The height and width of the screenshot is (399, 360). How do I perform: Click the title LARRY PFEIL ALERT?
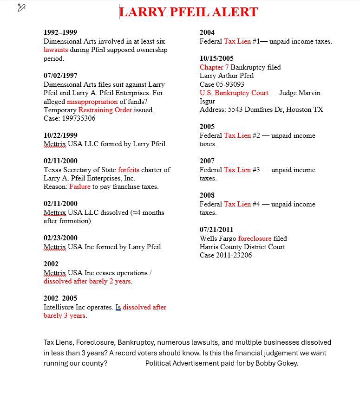[188, 12]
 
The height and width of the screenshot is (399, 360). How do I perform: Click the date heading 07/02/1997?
[60, 76]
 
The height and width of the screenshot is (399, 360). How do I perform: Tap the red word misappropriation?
[92, 101]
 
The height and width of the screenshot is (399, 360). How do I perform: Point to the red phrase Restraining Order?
[105, 110]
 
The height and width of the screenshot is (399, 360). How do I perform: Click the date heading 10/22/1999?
[60, 135]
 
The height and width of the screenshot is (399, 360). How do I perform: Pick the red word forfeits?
[129, 170]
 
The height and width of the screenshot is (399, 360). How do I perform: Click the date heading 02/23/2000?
[60, 238]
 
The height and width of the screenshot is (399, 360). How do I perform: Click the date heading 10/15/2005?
[216, 58]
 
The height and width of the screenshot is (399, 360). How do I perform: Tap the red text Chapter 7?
[214, 67]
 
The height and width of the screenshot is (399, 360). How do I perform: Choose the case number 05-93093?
[229, 84]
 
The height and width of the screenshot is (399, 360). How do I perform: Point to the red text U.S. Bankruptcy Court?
[234, 93]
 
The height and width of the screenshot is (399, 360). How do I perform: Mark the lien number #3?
[256, 170]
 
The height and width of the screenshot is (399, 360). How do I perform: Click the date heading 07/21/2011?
[216, 230]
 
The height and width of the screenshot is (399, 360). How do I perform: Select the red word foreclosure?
[255, 238]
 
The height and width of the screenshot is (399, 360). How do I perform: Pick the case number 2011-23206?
[234, 255]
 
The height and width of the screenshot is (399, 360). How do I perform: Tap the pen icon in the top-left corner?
[21, 7]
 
